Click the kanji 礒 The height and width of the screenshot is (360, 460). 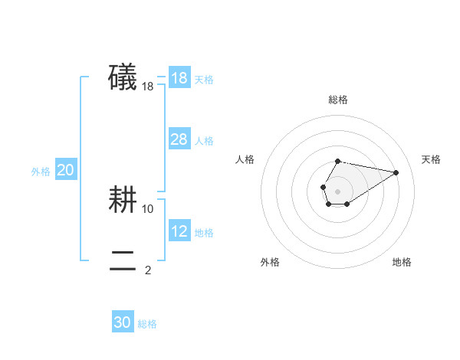point(123,78)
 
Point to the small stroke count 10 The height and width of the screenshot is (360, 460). point(148,208)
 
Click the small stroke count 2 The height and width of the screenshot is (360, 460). point(148,270)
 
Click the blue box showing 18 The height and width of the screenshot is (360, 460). point(179,78)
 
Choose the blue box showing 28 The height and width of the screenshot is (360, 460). point(179,139)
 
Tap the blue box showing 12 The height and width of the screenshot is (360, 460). point(179,231)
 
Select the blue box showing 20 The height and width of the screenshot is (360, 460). point(65,170)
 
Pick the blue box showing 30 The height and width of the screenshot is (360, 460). point(123,322)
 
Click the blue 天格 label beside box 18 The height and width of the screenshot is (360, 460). point(204,80)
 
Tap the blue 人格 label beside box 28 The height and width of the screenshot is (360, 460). point(204,141)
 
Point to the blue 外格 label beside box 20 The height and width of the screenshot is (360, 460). point(41,172)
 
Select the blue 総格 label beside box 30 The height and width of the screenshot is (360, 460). point(147,324)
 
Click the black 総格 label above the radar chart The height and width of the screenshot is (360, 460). point(338,100)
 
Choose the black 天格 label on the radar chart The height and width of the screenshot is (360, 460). point(432,159)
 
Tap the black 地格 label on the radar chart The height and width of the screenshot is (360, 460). point(402,262)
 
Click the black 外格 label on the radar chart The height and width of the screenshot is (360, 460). point(270,262)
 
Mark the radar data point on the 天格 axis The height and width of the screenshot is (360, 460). point(396,172)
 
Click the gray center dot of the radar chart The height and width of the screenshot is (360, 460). point(337,191)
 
